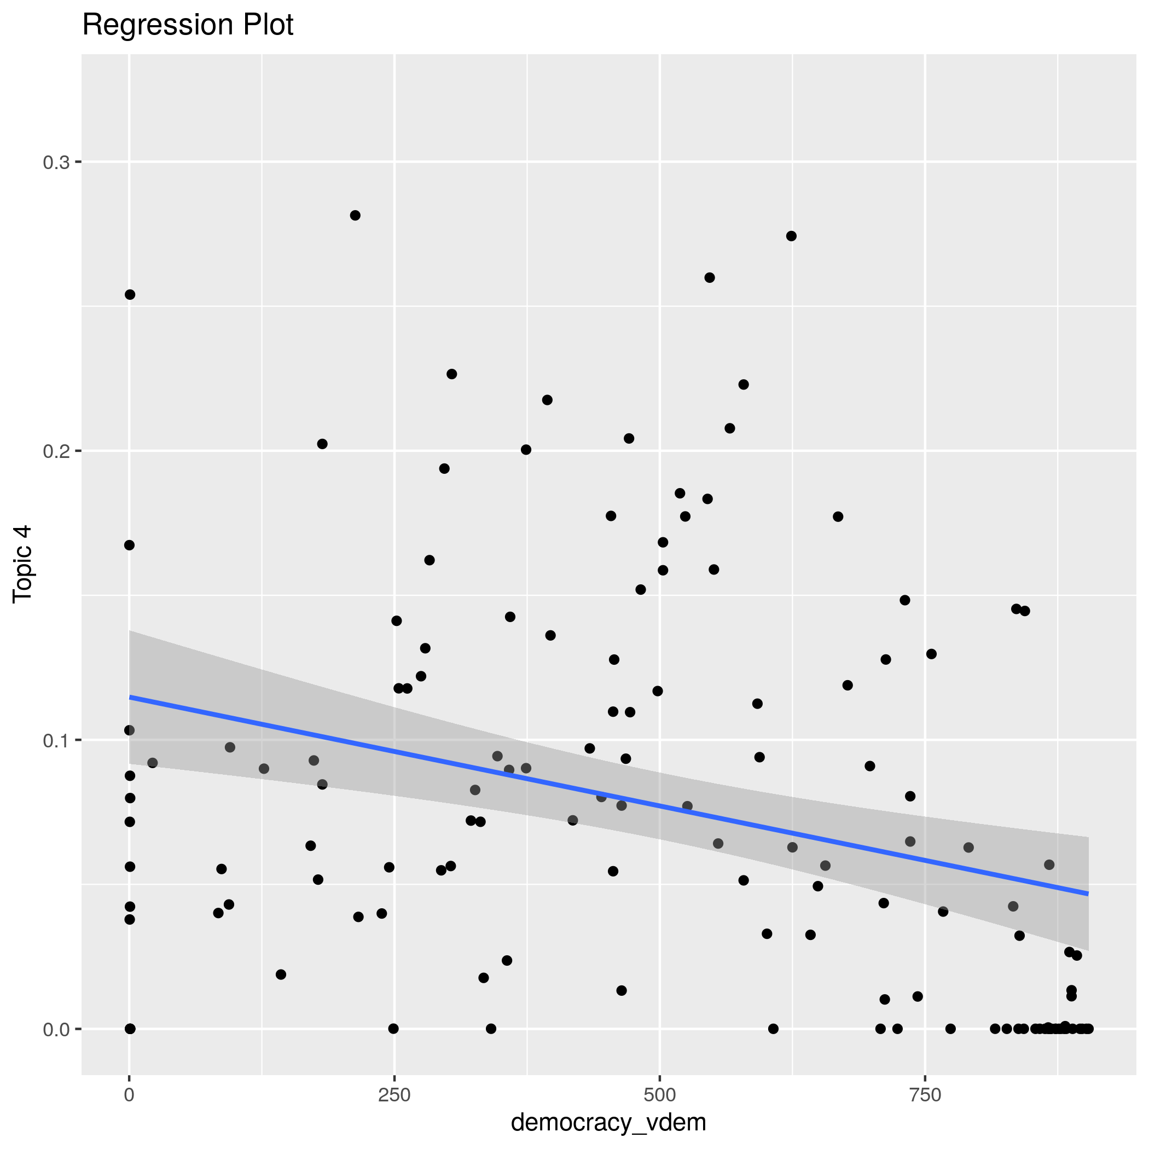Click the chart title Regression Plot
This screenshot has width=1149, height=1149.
(x=187, y=26)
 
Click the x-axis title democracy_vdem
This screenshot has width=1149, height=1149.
(x=608, y=1122)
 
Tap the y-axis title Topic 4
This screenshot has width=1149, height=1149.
(x=23, y=565)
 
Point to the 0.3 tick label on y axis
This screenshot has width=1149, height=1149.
(x=56, y=163)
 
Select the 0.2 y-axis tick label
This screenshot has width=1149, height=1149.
(x=56, y=451)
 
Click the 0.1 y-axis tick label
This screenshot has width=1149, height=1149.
(x=56, y=740)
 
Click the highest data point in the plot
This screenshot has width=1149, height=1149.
(x=355, y=215)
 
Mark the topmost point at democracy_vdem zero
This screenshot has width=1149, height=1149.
(x=130, y=294)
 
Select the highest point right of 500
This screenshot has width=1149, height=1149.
(x=791, y=236)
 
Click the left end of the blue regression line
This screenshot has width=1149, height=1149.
(x=130, y=697)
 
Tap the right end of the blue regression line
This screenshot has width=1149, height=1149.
(x=1087, y=893)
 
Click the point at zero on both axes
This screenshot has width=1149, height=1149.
(x=130, y=1029)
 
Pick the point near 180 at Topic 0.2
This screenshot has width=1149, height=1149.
(x=322, y=444)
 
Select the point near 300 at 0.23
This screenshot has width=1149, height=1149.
(x=451, y=374)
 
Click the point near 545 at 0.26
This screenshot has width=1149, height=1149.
(x=710, y=278)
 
